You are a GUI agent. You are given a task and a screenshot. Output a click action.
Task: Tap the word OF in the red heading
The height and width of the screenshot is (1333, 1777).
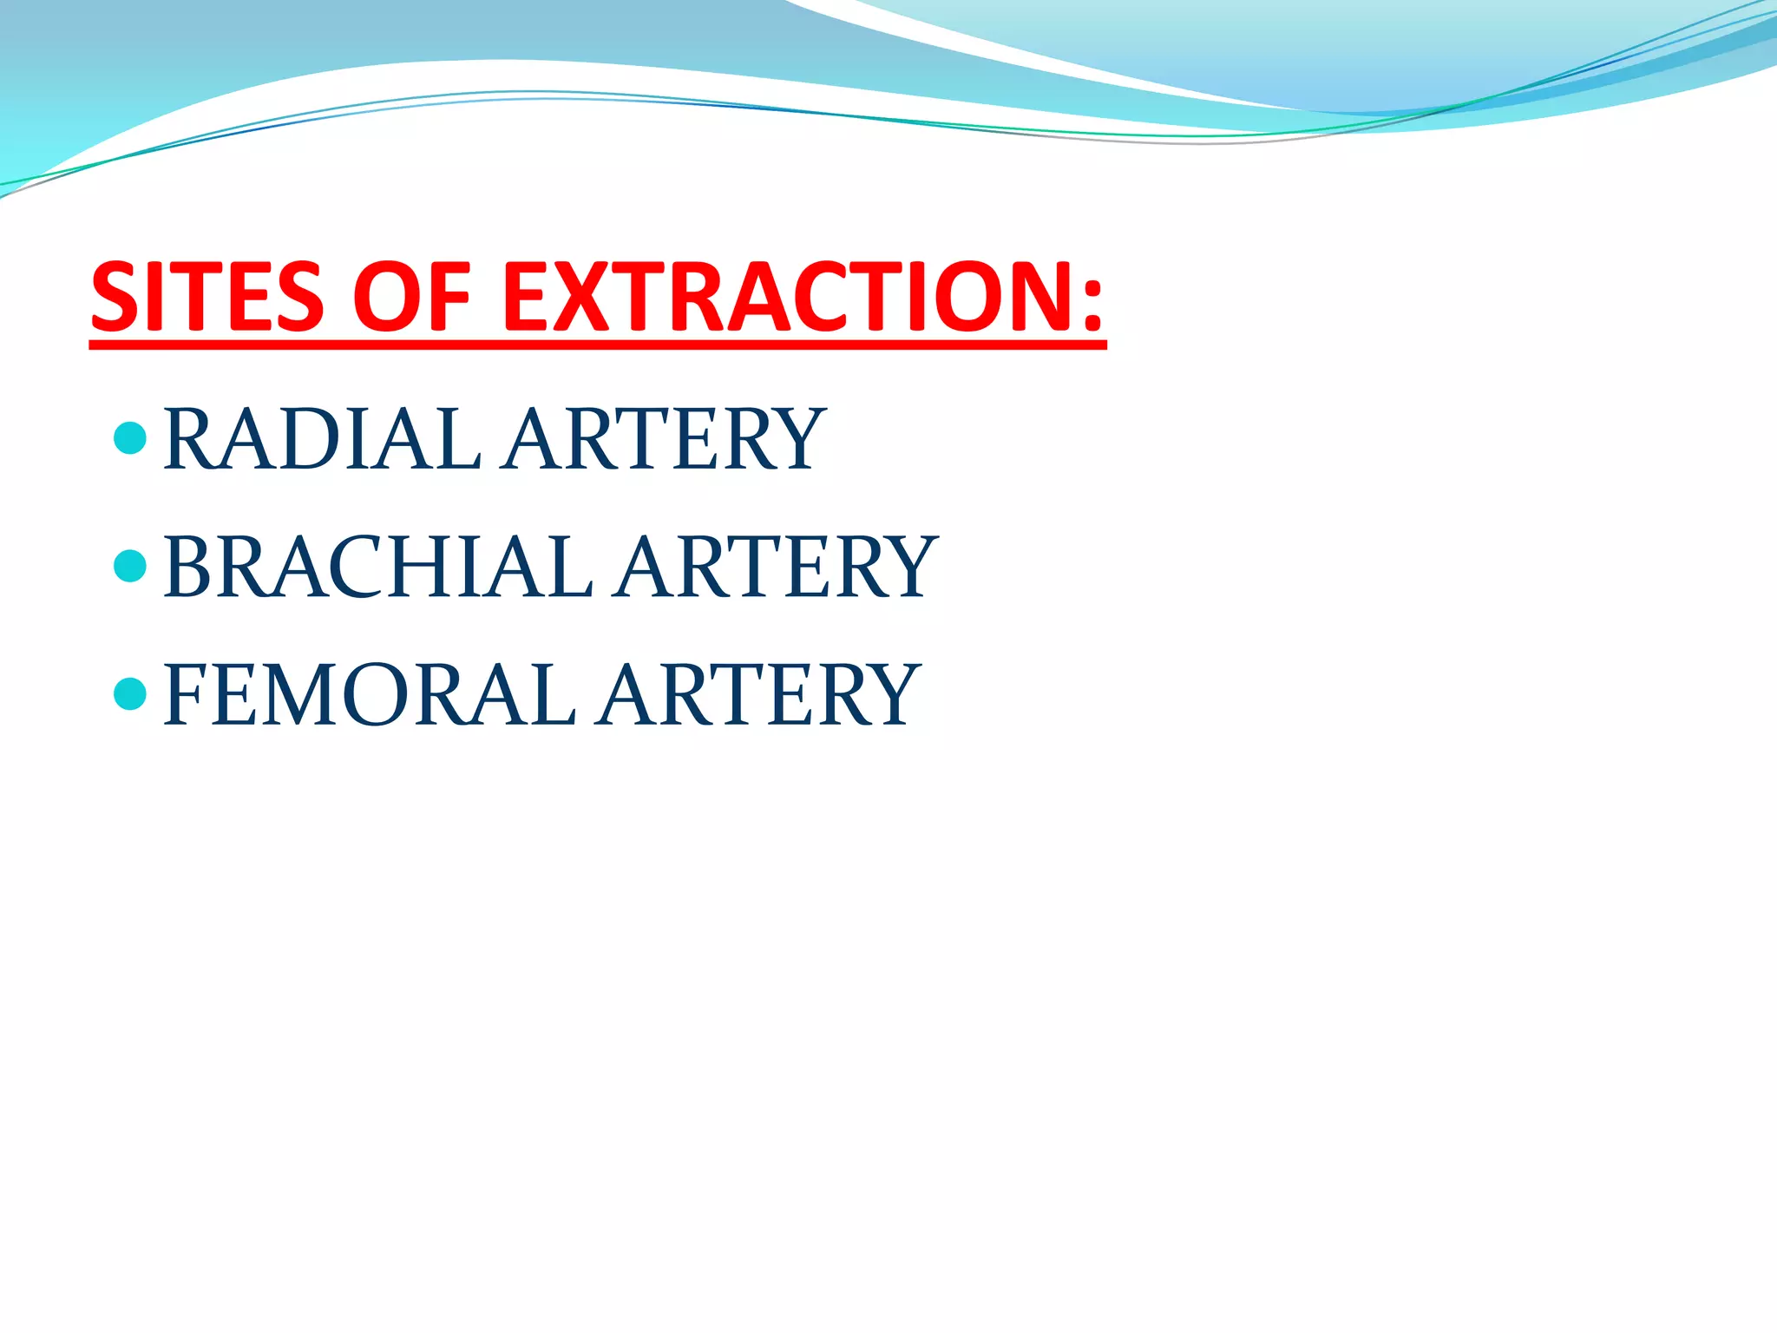411,298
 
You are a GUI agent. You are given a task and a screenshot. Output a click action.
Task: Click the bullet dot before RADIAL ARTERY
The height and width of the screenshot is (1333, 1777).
130,437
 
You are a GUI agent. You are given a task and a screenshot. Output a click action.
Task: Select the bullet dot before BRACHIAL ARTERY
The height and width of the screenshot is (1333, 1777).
130,566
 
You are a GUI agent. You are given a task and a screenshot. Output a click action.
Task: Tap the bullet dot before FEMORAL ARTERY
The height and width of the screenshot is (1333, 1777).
130,693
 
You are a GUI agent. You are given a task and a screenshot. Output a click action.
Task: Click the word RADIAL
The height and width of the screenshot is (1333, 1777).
322,440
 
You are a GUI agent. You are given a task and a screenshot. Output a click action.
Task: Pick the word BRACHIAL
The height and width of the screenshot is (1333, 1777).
377,568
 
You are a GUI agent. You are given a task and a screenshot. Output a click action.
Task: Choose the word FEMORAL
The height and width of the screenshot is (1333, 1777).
369,695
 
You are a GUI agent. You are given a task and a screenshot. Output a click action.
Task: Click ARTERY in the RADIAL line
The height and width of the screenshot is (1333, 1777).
663,440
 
